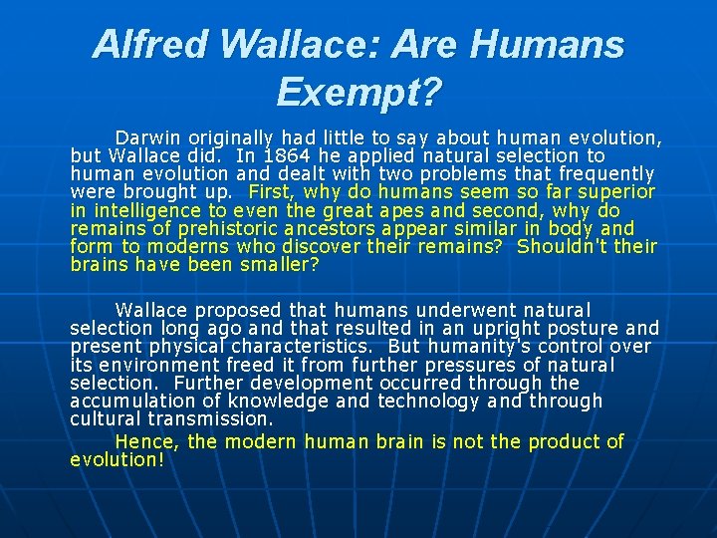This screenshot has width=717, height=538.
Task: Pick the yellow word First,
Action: [272, 191]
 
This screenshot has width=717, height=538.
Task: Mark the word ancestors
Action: [325, 228]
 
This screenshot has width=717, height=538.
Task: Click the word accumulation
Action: [130, 402]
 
